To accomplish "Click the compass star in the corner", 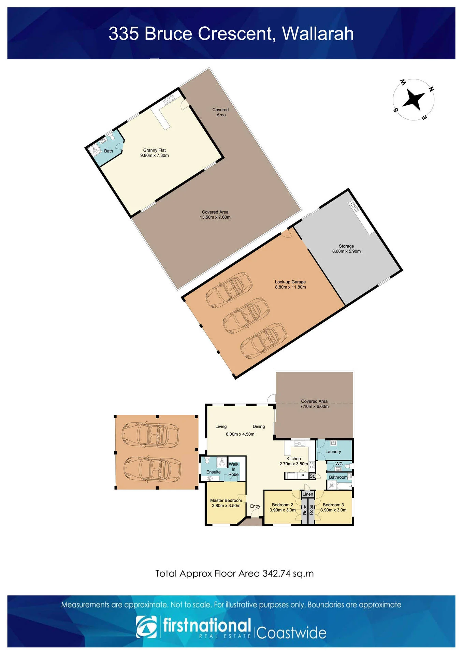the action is point(414,100).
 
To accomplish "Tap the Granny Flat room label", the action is point(155,150).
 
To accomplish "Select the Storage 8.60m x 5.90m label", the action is point(346,249).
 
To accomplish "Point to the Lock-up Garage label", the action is point(290,282).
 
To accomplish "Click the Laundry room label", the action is point(333,451).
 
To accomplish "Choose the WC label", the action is point(339,464).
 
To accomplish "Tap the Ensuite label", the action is point(213,472).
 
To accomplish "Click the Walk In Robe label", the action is point(234,469).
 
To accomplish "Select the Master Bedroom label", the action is point(226,500).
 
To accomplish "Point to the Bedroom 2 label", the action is point(283,505).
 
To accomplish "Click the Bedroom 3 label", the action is point(333,505).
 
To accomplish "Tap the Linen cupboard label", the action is point(308,494).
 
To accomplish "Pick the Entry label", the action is point(255,506).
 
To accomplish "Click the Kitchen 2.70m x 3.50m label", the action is point(293,461).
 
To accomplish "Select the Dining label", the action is point(259,426).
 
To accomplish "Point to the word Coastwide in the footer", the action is point(291,633).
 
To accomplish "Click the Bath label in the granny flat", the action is point(108,151).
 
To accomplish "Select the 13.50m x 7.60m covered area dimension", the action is point(215,217).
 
